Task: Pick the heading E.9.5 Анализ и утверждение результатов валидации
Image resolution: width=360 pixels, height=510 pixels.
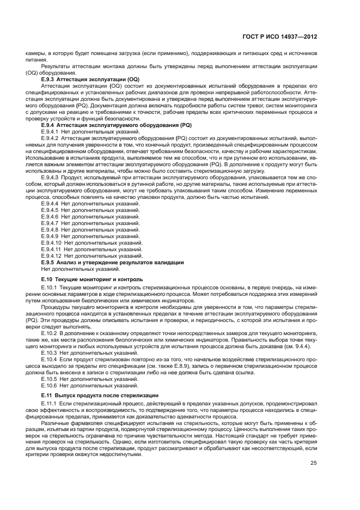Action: (113, 263)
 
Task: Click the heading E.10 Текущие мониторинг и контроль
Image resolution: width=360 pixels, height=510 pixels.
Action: (92, 279)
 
